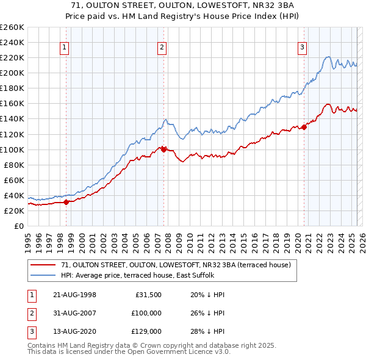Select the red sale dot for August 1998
66,202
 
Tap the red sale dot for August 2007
163,149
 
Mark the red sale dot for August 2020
304,127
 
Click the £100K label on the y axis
12,149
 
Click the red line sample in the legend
43,265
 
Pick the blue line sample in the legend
43,275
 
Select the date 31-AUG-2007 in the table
75,313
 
